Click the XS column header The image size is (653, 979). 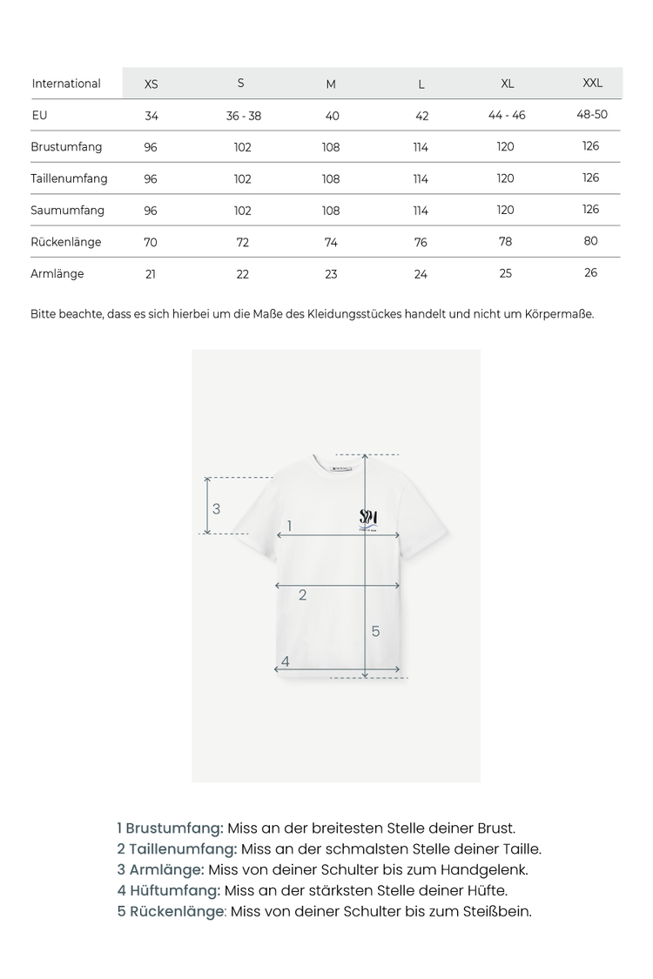pos(151,84)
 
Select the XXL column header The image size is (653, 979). pos(592,84)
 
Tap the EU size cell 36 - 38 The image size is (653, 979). pos(244,116)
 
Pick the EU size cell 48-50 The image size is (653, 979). pos(592,115)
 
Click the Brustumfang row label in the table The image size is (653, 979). pos(66,147)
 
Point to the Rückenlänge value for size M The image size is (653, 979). pos(331,242)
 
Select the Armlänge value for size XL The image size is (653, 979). pos(506,273)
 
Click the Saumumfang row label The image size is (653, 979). pos(67,211)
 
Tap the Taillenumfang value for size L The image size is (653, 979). pos(421,179)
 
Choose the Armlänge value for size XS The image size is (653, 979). pos(151,274)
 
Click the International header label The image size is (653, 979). pos(66,84)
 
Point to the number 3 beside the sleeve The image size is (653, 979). pos(216,509)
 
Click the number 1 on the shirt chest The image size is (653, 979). pos(289,526)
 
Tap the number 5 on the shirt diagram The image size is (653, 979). pos(375,631)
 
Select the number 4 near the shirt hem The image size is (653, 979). pos(285,662)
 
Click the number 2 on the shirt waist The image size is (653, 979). pos(302,595)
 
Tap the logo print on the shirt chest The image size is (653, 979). pos(368,518)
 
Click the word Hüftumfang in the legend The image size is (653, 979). pos(175,890)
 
